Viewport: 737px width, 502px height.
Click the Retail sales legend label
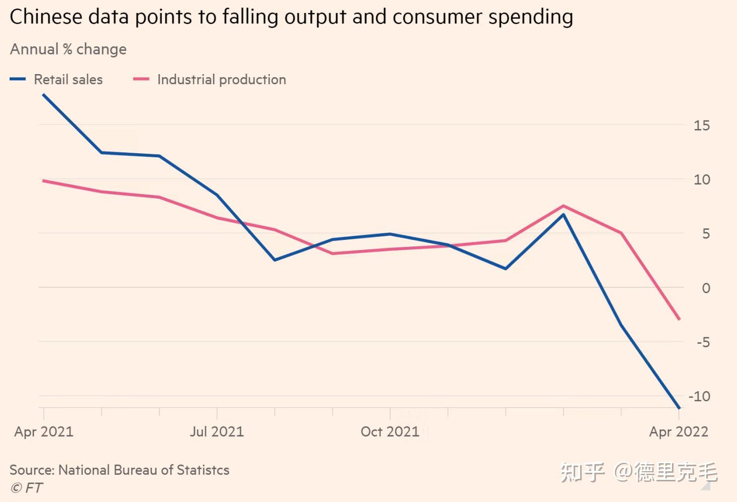[x=68, y=80]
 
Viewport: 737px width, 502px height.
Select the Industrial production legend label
[x=221, y=80]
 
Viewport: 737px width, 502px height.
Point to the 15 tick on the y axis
[x=701, y=126]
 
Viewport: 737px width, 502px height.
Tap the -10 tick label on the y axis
[x=699, y=397]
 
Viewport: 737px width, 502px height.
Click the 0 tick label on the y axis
[x=706, y=288]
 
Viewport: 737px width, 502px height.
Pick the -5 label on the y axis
[x=703, y=343]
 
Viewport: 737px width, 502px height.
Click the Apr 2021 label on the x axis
[x=44, y=432]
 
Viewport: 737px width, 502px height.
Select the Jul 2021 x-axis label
[x=217, y=432]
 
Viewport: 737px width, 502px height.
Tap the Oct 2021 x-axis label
[x=390, y=432]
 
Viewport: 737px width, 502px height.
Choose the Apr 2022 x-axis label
[x=679, y=432]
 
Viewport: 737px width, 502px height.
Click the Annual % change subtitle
[x=68, y=49]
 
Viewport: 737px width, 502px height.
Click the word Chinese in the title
[x=45, y=17]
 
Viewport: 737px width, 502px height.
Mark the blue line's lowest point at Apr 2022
[x=679, y=408]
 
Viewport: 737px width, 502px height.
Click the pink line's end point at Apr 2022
[x=679, y=319]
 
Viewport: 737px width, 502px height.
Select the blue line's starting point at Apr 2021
[x=43, y=95]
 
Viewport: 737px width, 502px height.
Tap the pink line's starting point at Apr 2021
[x=43, y=180]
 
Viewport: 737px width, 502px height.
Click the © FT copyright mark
[x=27, y=488]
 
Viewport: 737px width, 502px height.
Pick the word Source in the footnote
[x=31, y=470]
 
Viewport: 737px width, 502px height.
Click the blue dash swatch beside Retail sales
[x=18, y=79]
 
